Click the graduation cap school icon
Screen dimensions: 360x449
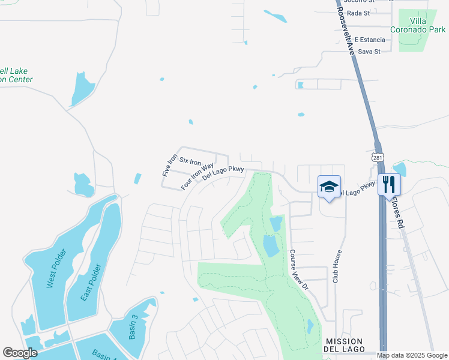[329, 186]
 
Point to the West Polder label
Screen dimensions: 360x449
[52, 271]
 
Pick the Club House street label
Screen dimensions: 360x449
[338, 266]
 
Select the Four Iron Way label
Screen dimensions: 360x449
[197, 176]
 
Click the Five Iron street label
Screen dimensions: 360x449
[170, 165]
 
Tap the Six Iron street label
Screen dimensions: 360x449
[190, 162]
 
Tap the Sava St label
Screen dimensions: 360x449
[369, 52]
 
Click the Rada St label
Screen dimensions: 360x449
[358, 13]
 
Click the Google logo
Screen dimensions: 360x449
[20, 353]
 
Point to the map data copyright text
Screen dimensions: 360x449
[412, 355]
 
